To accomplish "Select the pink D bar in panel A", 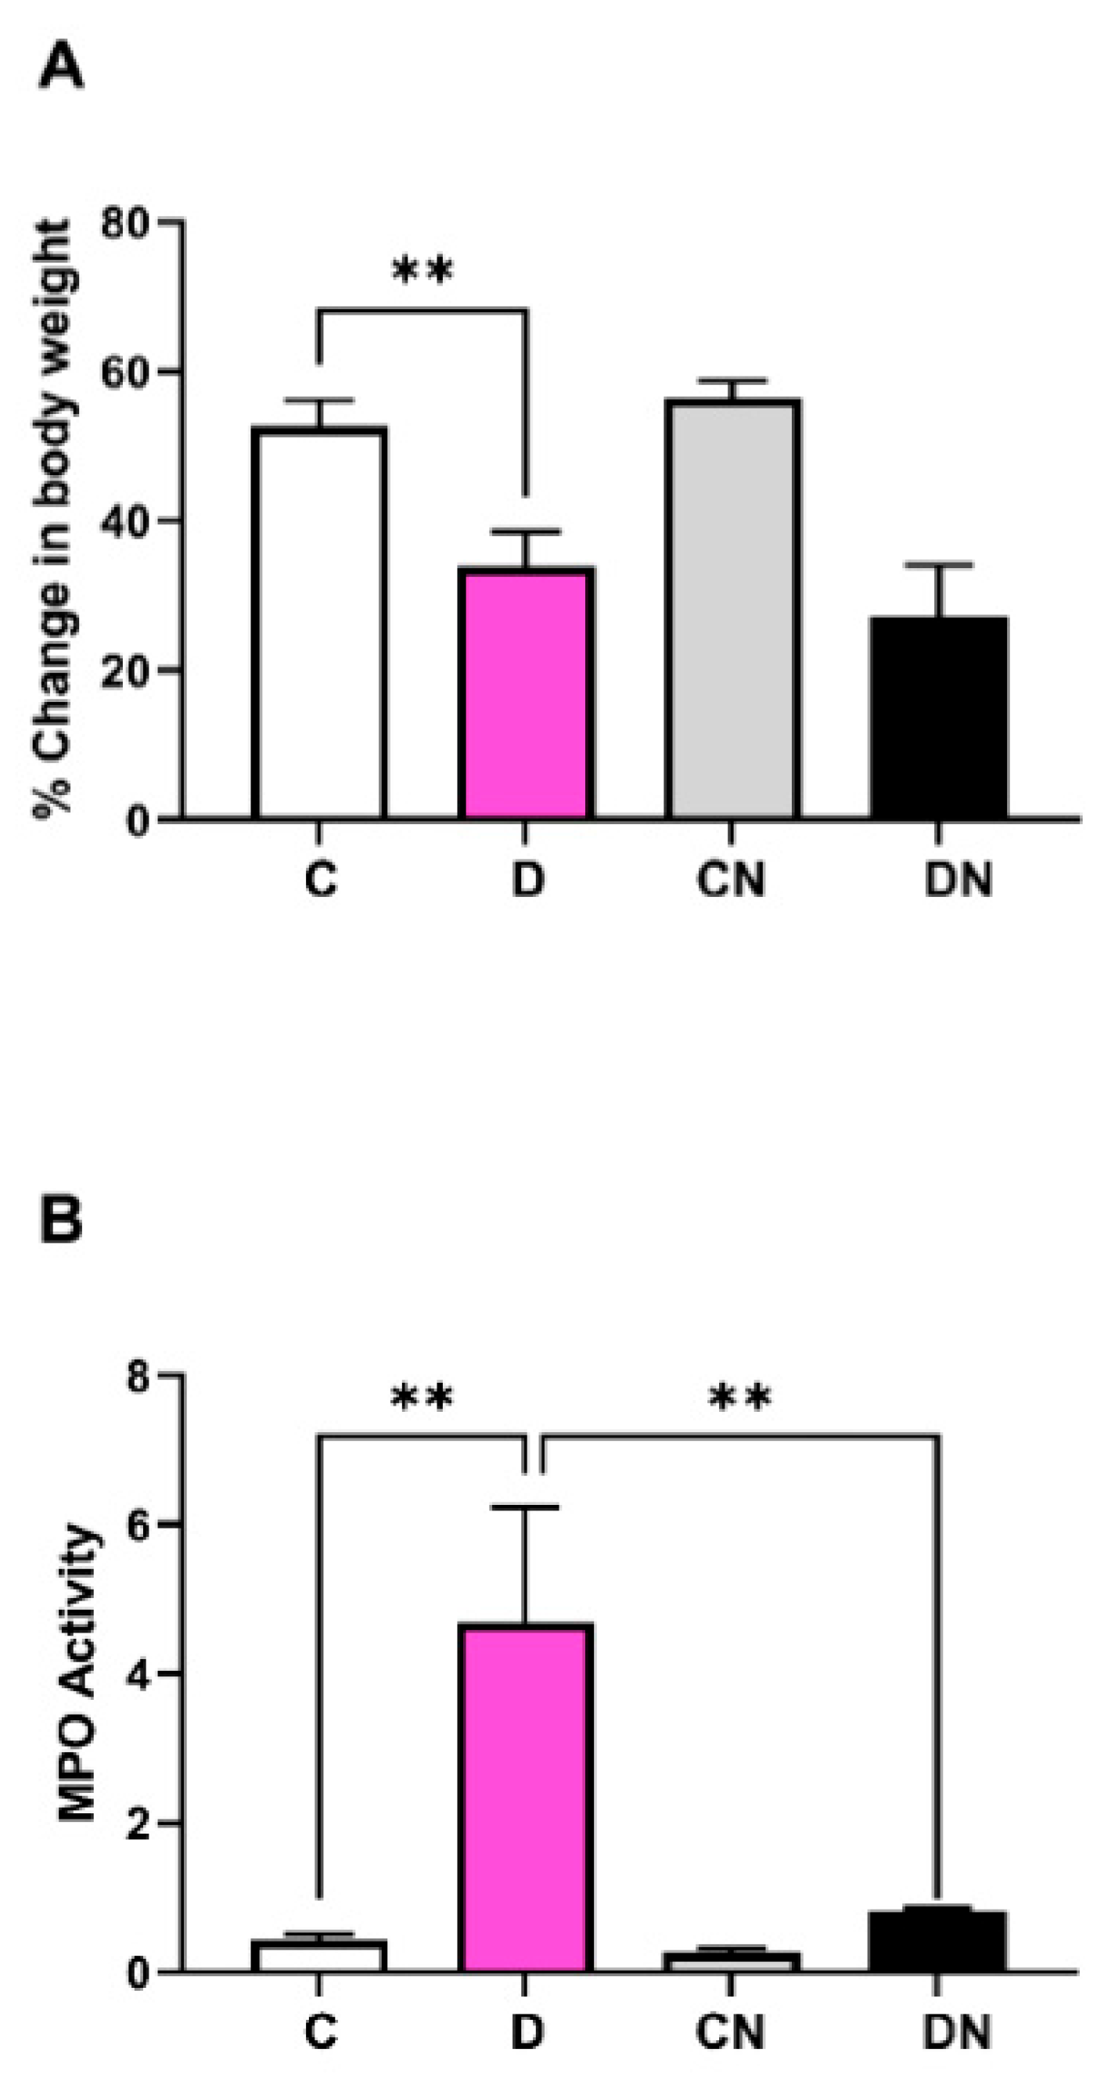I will point(526,693).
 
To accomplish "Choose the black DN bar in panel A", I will point(939,718).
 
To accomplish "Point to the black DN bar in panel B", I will point(939,1942).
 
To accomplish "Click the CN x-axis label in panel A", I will point(731,880).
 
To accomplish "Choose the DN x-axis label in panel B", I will point(958,2032).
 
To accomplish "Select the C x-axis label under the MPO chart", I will point(321,2032).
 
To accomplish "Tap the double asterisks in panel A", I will point(423,272).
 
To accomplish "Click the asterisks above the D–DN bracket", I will point(740,1397).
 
